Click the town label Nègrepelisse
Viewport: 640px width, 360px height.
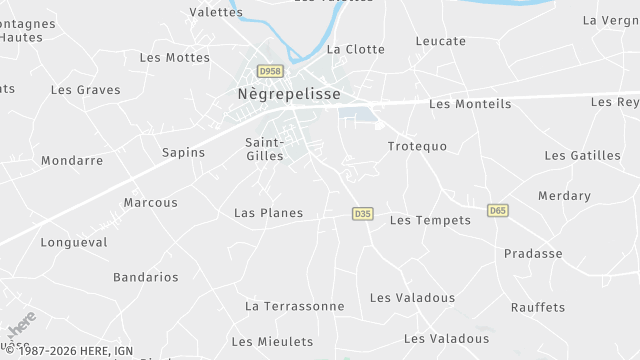(289, 93)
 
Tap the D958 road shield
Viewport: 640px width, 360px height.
(270, 72)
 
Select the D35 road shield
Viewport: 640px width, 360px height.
(363, 214)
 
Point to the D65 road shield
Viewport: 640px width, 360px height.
(498, 210)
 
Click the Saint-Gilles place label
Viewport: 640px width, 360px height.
(264, 148)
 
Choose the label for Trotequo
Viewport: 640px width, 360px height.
(417, 146)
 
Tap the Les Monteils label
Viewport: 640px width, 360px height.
(469, 104)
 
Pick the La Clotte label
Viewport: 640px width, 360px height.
(355, 49)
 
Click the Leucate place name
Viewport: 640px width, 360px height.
(441, 41)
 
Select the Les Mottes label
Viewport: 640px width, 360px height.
(175, 57)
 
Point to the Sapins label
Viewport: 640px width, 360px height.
(183, 153)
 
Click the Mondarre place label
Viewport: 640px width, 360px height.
(72, 160)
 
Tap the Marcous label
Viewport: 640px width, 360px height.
(150, 202)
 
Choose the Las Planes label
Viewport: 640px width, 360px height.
(268, 213)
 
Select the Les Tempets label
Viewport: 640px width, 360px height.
(430, 220)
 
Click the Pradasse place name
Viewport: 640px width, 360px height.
(533, 253)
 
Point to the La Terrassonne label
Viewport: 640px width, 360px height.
(294, 306)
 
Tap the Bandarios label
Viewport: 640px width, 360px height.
(145, 277)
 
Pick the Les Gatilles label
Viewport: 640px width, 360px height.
(582, 155)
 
